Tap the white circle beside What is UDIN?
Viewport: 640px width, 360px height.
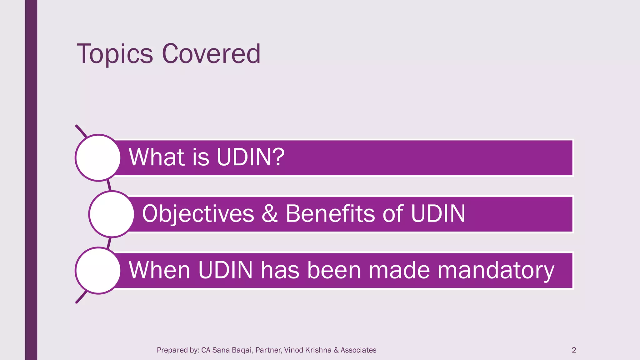[x=98, y=158]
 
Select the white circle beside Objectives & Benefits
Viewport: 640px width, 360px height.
[x=112, y=214]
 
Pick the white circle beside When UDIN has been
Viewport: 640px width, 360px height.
[x=98, y=271]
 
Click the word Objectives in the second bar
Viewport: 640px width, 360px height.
[x=198, y=214]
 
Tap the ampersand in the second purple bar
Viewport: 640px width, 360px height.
[x=269, y=214]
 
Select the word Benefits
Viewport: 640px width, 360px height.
[x=330, y=214]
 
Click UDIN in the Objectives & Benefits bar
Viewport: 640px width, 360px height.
[x=438, y=214]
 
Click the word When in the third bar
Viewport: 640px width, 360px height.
[x=159, y=270]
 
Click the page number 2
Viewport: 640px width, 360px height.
[x=573, y=350]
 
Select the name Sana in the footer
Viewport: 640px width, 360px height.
[x=221, y=350]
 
